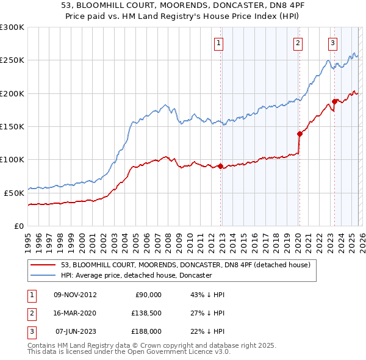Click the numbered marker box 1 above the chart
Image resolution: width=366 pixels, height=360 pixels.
219,43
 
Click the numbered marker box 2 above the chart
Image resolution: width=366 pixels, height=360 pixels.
298,43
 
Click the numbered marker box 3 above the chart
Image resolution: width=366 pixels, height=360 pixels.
332,43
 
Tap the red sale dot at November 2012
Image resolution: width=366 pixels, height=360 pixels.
220,166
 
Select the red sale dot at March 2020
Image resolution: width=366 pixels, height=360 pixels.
299,134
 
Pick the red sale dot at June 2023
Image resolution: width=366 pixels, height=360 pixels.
334,101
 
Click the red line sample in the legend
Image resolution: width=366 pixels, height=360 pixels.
43,265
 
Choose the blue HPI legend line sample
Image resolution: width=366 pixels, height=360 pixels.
43,275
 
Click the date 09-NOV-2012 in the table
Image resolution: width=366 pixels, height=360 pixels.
75,295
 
